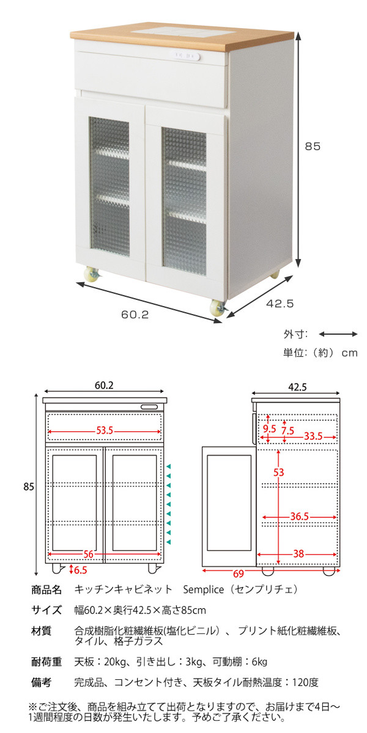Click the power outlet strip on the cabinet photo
[x=185, y=56]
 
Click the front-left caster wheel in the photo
[x=93, y=274]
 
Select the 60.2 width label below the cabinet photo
[x=135, y=315]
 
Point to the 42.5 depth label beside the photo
[x=280, y=304]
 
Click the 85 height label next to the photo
[x=313, y=146]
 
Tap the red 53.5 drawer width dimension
[x=105, y=431]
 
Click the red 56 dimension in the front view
[x=89, y=554]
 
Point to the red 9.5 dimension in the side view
[x=270, y=429]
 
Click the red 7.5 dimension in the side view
[x=287, y=431]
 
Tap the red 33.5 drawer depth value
[x=313, y=436]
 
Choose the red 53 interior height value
[x=278, y=472]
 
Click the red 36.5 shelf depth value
[x=300, y=516]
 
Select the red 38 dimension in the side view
[x=298, y=553]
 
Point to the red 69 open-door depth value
[x=239, y=574]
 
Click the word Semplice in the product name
[x=204, y=589]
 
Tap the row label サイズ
[x=46, y=610]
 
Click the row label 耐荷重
[x=46, y=662]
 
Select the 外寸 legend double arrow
[x=338, y=334]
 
